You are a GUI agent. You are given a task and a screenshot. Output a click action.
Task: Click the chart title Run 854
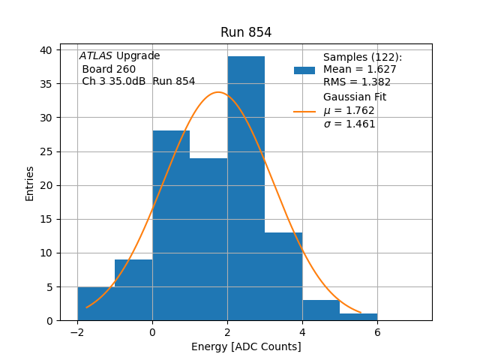[246, 32]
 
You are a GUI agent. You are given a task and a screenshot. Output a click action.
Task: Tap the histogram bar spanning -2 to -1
[96, 304]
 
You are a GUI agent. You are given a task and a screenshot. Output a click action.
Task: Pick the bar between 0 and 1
[171, 225]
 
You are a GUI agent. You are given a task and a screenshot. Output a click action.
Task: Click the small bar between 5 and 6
[358, 317]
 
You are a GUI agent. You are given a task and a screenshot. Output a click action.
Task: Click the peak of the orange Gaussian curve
[218, 92]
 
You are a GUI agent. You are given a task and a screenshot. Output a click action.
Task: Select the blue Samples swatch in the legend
[304, 70]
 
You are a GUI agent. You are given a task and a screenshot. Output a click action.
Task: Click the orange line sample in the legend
[304, 111]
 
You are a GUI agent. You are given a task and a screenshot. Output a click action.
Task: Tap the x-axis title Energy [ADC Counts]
[246, 346]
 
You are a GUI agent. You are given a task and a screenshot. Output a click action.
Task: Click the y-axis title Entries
[30, 183]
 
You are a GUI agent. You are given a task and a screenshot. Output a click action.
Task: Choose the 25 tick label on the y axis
[46, 151]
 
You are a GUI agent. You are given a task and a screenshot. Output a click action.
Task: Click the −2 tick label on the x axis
[77, 331]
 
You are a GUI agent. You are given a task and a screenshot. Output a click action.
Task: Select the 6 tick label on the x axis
[377, 331]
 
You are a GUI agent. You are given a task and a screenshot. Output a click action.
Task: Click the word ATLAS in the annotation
[96, 56]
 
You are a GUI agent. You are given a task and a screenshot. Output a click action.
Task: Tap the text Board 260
[109, 69]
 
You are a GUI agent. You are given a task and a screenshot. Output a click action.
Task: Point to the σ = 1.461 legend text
[349, 124]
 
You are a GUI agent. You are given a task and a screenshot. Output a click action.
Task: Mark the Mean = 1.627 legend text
[360, 70]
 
